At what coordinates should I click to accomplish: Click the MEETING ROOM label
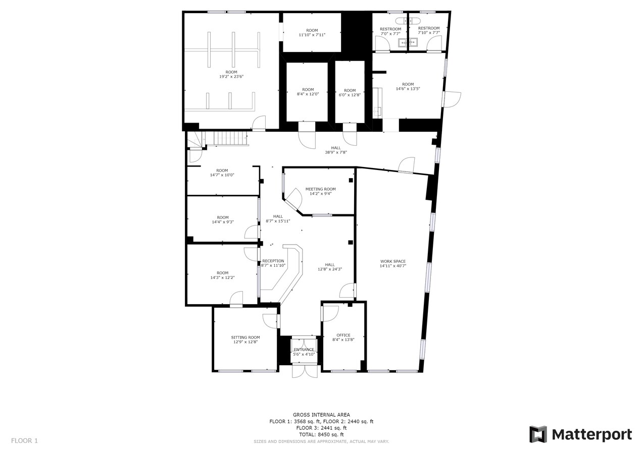[320, 189]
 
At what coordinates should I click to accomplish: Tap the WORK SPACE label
[393, 261]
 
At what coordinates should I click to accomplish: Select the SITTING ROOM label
[245, 337]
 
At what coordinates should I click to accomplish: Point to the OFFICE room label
[343, 335]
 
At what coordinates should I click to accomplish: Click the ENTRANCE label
[304, 350]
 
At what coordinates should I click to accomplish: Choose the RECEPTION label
[273, 261]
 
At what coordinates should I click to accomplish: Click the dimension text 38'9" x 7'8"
[336, 152]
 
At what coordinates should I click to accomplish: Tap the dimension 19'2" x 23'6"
[231, 77]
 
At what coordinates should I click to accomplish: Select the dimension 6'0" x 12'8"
[350, 95]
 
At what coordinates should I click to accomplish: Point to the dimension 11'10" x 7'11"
[312, 35]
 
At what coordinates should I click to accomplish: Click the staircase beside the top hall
[230, 138]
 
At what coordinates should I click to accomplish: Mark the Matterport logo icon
[538, 434]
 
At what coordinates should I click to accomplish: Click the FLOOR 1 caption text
[24, 441]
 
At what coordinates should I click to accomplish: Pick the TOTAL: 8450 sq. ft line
[321, 434]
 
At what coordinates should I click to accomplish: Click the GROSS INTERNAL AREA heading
[321, 415]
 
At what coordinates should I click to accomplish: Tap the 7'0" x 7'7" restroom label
[390, 33]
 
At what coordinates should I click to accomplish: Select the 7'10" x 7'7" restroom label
[429, 33]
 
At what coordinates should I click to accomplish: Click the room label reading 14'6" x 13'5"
[408, 89]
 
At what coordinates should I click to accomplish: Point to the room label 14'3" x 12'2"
[222, 277]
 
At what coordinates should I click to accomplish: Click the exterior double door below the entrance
[305, 371]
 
